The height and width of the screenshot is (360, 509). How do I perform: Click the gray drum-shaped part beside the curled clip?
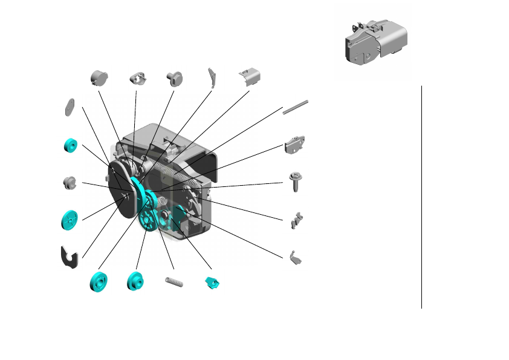(x=98, y=77)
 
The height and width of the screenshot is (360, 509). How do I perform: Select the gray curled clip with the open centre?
(x=138, y=79)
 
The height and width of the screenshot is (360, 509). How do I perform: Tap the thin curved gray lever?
(x=212, y=76)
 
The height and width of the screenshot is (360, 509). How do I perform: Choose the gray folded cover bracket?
(x=250, y=77)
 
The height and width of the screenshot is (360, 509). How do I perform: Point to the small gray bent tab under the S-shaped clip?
(x=296, y=258)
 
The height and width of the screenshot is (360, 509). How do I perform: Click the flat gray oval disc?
(x=69, y=106)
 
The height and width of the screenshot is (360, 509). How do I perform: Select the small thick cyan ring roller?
(x=71, y=145)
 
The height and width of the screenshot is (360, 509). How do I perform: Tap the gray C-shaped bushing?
(x=70, y=182)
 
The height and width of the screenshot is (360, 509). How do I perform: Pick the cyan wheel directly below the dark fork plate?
(x=98, y=282)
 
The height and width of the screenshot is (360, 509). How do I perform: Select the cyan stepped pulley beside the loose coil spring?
(x=135, y=281)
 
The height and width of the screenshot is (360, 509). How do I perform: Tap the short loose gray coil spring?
(x=173, y=281)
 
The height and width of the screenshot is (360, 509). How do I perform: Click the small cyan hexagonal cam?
(x=212, y=282)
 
